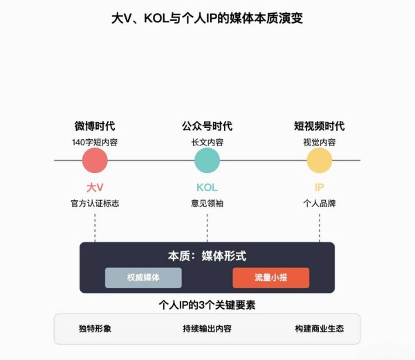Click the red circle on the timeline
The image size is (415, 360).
pos(95,160)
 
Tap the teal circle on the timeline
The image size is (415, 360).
pos(207,160)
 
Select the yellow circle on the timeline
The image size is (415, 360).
pos(319,160)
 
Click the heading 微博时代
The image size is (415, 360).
pos(95,126)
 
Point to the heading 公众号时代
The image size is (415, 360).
pos(207,126)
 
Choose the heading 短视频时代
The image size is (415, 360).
pos(319,126)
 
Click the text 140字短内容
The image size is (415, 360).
pos(95,142)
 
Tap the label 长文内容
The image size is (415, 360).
pos(207,142)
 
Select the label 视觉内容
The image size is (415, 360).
pos(319,142)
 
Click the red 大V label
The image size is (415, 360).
pos(95,188)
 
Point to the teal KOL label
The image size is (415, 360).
pos(207,188)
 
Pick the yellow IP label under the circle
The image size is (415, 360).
pos(320,188)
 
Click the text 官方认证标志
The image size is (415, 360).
pos(95,204)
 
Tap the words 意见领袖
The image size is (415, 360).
pos(207,204)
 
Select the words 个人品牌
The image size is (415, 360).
pos(319,204)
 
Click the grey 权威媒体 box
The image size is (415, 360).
pos(143,278)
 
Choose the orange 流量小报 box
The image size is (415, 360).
pos(270,278)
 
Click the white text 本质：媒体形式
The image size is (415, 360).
pos(207,256)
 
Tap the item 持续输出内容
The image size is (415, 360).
pos(207,329)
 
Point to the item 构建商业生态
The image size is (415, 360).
pos(319,329)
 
